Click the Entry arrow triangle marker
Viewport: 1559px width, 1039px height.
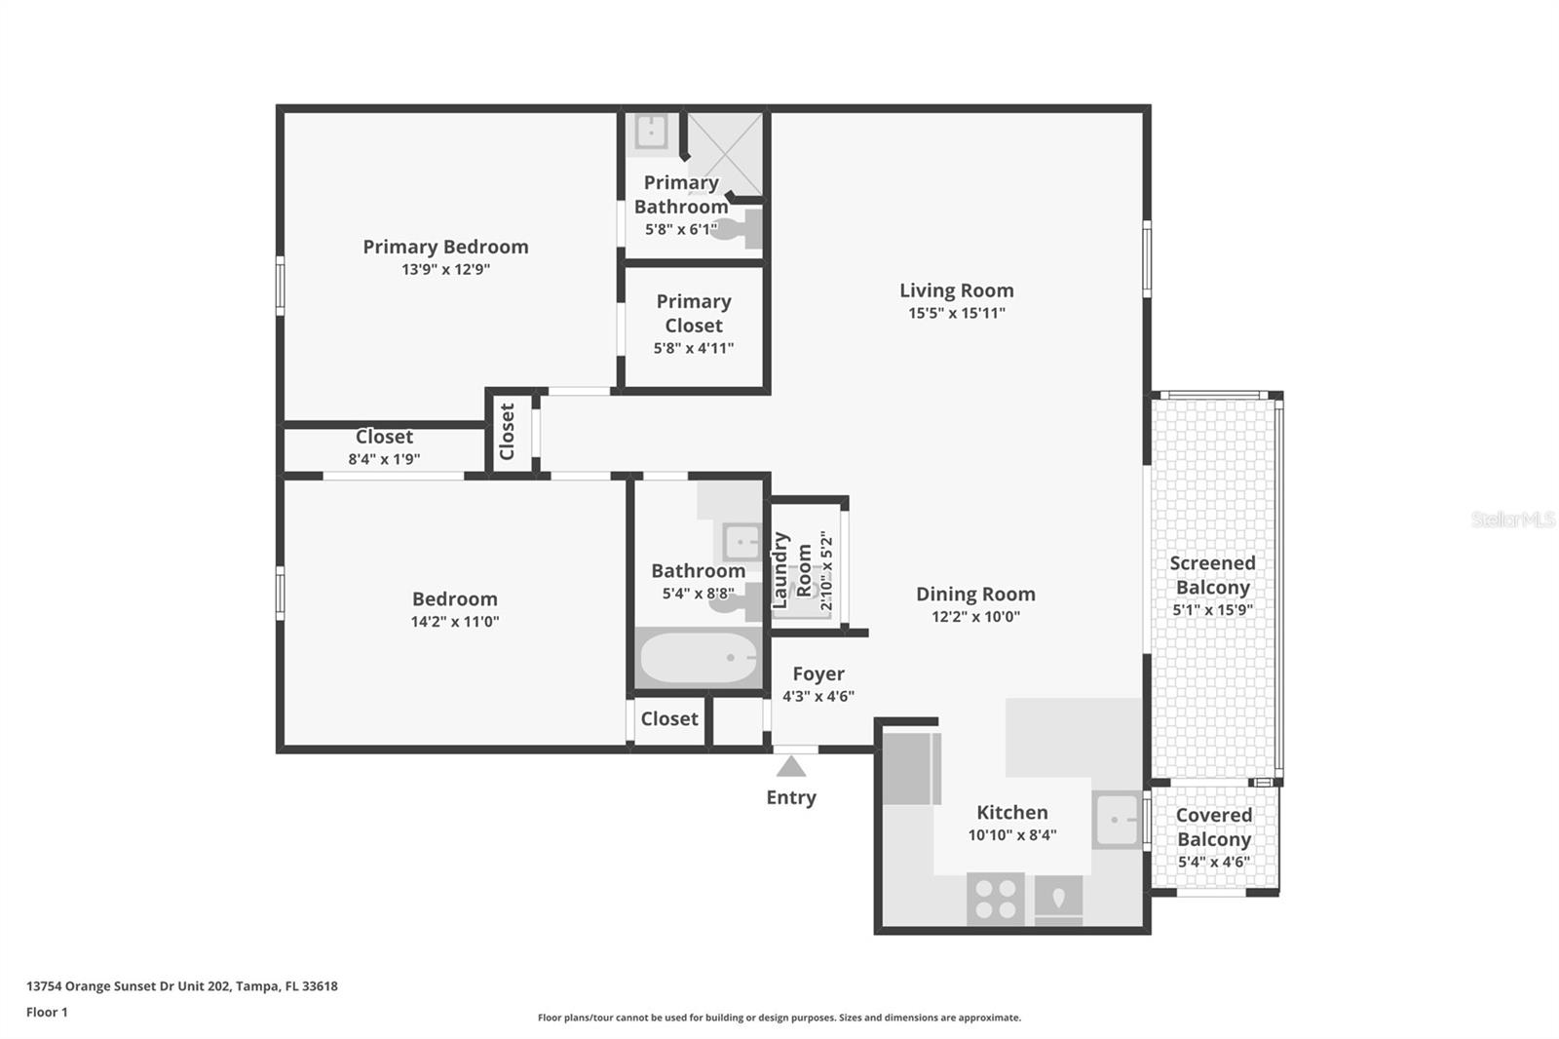[791, 767]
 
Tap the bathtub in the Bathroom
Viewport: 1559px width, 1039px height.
[699, 659]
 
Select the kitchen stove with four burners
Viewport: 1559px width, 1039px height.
[996, 898]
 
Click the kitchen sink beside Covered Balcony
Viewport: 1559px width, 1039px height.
[1117, 819]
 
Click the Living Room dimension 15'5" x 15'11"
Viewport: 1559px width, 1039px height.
[956, 313]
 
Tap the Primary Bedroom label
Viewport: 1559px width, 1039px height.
[445, 247]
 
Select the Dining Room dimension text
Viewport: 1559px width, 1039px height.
[975, 616]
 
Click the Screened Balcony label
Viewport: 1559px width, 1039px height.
[1212, 575]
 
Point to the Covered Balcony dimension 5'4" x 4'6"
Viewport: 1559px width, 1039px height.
[1213, 862]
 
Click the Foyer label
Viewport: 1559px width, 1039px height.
[818, 673]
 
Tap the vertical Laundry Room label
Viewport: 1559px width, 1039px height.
[791, 571]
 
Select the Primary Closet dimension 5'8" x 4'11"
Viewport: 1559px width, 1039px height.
[693, 348]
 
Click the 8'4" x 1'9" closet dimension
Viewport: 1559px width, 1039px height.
[384, 459]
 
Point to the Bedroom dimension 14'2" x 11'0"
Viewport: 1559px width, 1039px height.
[454, 621]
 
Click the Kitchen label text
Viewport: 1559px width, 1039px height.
[1012, 812]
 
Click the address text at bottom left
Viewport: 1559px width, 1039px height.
[182, 985]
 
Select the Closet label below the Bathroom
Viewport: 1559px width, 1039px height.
[668, 718]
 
